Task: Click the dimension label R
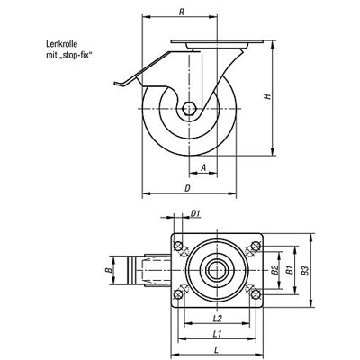tap(183, 13)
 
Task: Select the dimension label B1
tap(289, 269)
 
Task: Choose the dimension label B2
tap(273, 269)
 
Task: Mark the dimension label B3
tap(305, 269)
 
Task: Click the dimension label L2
tap(216, 319)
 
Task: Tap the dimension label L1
tap(217, 334)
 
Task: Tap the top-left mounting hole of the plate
tap(179, 247)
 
